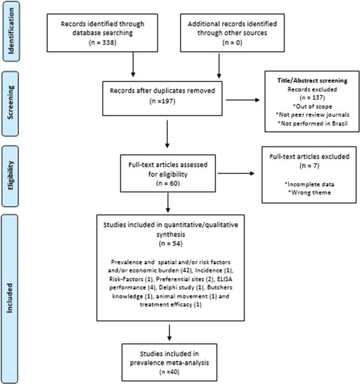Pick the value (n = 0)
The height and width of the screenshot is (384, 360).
[x=219, y=43]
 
